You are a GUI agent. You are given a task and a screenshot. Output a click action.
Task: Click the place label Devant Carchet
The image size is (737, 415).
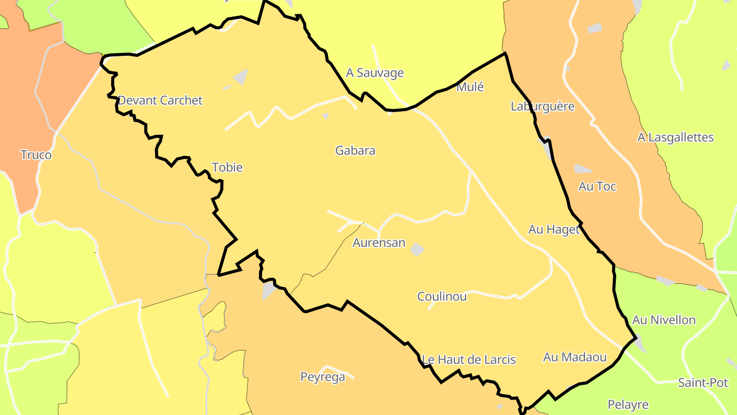[x=160, y=100]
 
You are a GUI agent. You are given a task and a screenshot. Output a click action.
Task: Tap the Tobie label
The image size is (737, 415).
[x=227, y=168]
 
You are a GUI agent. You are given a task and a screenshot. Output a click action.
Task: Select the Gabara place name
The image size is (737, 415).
[x=355, y=151]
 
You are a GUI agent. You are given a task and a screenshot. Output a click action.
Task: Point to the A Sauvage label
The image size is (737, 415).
[x=375, y=73]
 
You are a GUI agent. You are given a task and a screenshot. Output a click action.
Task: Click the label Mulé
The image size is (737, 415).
[x=470, y=87]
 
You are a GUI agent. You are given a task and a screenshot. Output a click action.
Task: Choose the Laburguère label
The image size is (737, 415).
[x=543, y=107]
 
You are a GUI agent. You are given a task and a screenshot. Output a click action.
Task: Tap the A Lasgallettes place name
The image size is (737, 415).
[x=676, y=137]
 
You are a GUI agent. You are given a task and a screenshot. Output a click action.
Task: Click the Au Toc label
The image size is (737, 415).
[x=597, y=186]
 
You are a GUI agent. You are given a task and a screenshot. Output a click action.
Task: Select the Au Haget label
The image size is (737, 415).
[x=554, y=230]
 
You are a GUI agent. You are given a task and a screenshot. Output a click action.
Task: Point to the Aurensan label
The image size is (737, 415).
[x=379, y=243]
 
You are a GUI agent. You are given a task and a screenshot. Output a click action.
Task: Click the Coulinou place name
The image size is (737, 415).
[x=442, y=297]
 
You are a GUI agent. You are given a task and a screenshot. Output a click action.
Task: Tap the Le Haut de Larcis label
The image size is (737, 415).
[x=469, y=360]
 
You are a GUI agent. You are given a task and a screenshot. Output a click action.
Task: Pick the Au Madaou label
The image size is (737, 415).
[x=575, y=357]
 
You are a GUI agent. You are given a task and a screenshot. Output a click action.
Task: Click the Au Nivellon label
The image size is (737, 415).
[x=664, y=320]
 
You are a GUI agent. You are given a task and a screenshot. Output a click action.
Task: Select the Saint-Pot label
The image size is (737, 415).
[x=703, y=383]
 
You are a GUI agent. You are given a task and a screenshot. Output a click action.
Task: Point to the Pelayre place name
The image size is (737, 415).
[x=628, y=405]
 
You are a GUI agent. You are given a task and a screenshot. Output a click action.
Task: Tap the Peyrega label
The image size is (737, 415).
[x=322, y=378]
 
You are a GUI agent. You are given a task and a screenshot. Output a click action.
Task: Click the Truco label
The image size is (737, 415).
[x=36, y=155]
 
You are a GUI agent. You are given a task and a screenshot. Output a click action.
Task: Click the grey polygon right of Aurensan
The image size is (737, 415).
[x=418, y=249]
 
